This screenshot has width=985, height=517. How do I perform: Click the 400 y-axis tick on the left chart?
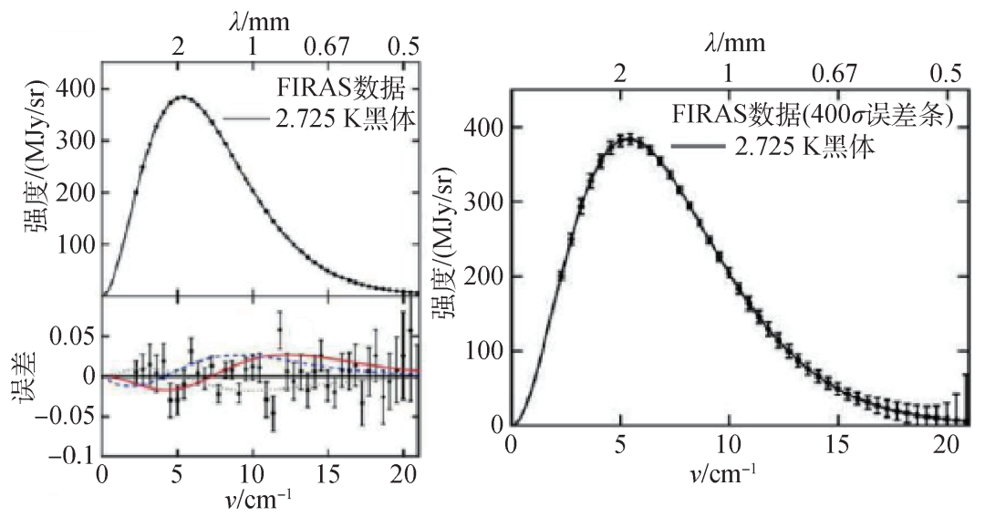tap(76, 89)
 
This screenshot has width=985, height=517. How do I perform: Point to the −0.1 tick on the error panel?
tap(69, 452)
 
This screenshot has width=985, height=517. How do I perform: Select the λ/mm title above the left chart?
tap(253, 16)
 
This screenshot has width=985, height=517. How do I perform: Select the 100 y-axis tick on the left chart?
tap(76, 246)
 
